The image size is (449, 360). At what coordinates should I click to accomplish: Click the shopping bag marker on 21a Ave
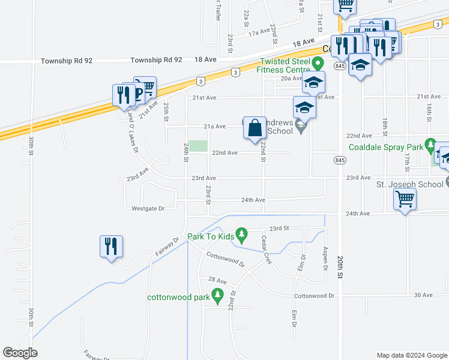point(255,128)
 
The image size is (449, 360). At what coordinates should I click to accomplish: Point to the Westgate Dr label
point(148,209)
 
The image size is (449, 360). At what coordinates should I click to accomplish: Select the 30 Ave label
point(423,295)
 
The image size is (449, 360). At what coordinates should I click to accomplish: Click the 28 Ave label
point(217,280)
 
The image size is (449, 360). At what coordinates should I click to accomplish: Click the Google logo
point(20,353)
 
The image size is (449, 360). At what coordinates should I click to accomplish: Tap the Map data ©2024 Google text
point(411,355)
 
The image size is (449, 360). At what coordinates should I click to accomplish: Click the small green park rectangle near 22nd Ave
point(197,146)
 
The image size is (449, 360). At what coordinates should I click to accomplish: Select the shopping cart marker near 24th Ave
point(405,200)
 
